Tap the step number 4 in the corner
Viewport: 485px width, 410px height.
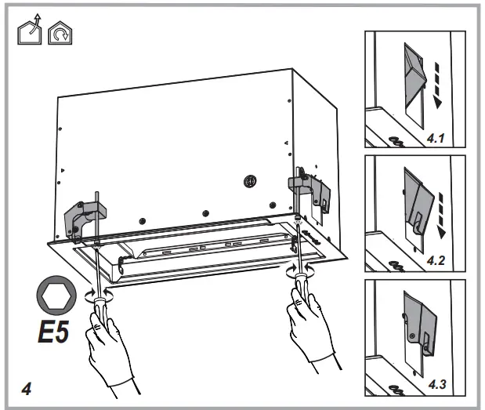point(27,387)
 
